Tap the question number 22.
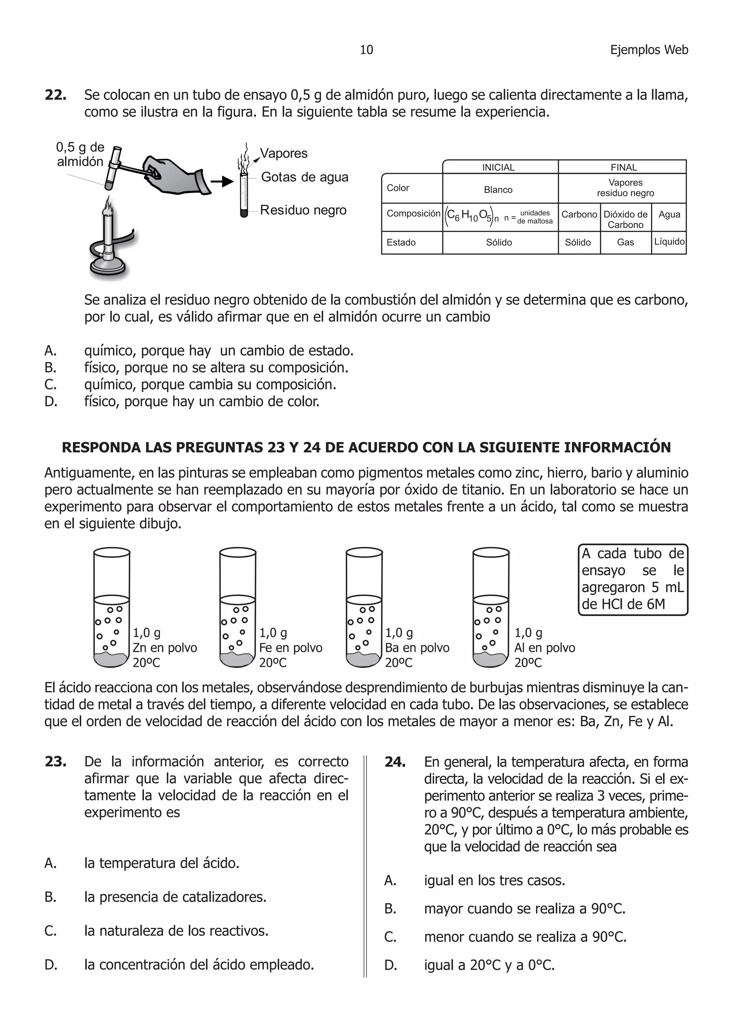(x=55, y=95)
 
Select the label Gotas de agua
(x=305, y=177)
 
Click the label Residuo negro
(x=303, y=210)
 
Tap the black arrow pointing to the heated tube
(x=222, y=181)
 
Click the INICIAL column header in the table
(x=498, y=167)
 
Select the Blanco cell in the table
(x=498, y=190)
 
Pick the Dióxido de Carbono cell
(x=625, y=219)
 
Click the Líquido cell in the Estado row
(x=669, y=242)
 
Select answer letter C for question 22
(x=50, y=384)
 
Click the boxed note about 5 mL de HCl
(x=632, y=579)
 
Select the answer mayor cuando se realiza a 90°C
(x=524, y=909)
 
